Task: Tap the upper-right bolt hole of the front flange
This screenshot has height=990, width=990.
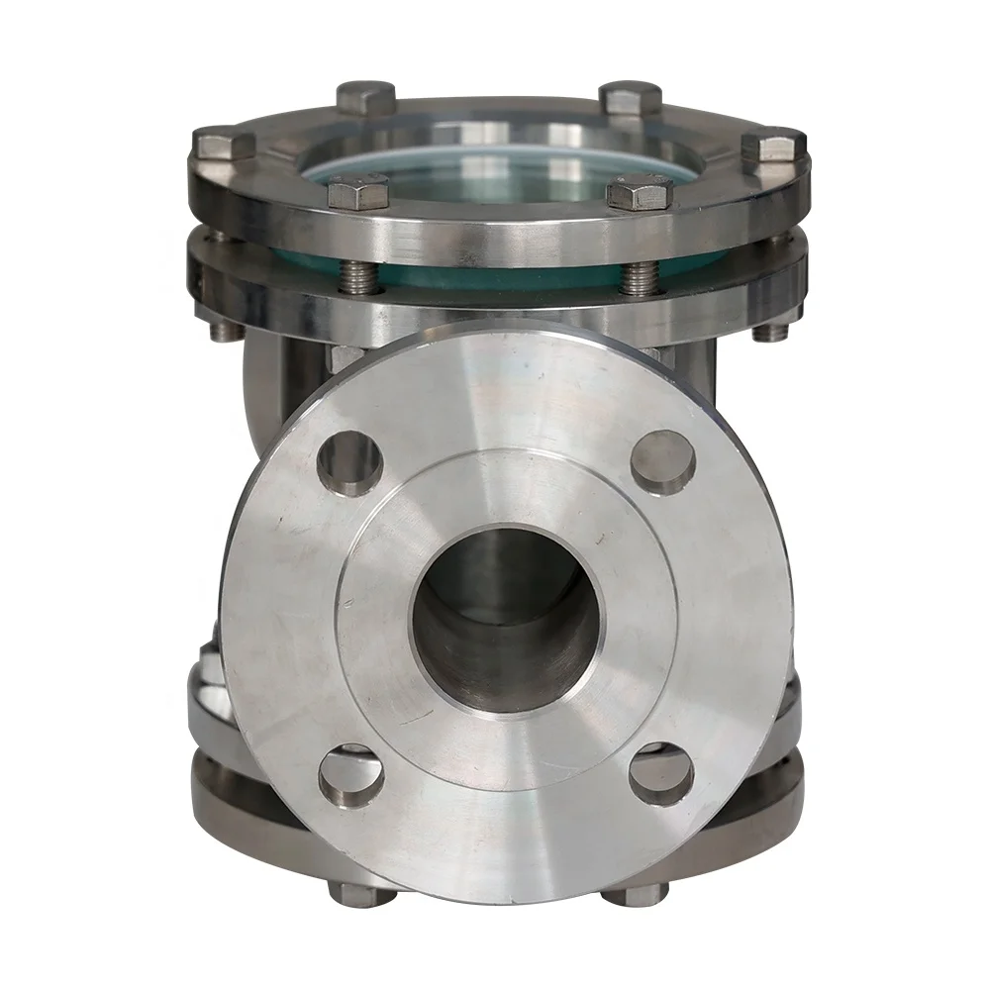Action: [662, 461]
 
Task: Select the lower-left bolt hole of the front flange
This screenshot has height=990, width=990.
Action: [350, 775]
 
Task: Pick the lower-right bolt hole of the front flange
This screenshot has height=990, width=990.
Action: [661, 773]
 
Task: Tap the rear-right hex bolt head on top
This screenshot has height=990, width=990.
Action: [632, 97]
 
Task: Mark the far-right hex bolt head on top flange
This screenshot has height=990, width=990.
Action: [771, 147]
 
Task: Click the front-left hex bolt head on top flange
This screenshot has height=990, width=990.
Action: [357, 190]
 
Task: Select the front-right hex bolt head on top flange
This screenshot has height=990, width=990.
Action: [640, 191]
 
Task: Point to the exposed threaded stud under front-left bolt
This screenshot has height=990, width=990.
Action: [358, 276]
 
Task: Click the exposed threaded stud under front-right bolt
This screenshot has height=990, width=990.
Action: [640, 276]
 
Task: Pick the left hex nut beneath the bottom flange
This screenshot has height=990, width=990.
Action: [360, 894]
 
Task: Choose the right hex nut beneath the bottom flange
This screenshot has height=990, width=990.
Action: [634, 894]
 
